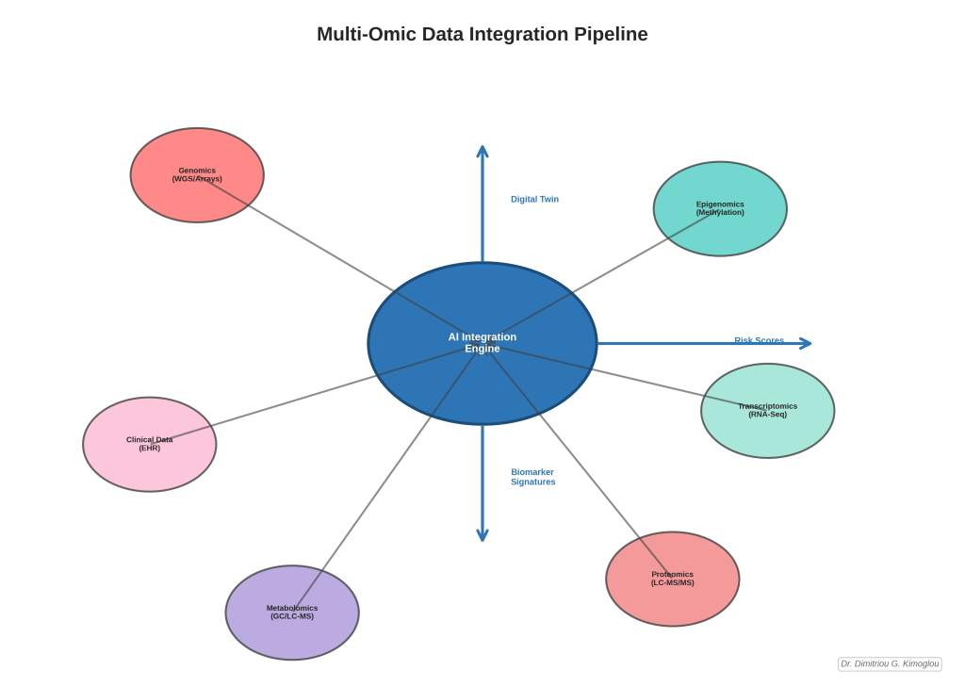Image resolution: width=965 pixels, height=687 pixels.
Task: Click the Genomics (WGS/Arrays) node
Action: point(197,175)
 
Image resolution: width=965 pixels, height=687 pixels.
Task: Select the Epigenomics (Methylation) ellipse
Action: point(720,208)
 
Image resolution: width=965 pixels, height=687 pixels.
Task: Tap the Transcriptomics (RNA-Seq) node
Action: point(767,411)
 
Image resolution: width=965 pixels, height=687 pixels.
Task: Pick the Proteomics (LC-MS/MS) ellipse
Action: point(672,579)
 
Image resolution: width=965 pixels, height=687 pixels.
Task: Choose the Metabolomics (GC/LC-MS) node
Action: point(292,613)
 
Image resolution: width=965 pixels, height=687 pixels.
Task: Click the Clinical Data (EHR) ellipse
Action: point(149,444)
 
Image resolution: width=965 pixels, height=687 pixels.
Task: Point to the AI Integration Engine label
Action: point(482,343)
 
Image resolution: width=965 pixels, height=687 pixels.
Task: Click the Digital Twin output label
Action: point(534,199)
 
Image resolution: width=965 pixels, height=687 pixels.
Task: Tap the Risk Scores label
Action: point(759,340)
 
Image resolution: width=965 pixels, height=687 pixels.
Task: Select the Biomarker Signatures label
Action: point(532,477)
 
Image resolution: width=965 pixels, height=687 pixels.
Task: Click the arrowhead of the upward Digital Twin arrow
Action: point(482,150)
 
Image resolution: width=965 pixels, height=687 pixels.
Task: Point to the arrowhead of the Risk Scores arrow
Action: point(806,343)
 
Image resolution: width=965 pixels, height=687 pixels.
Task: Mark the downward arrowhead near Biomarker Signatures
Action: point(482,535)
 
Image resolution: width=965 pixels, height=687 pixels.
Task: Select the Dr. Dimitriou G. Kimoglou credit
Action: point(890,663)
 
